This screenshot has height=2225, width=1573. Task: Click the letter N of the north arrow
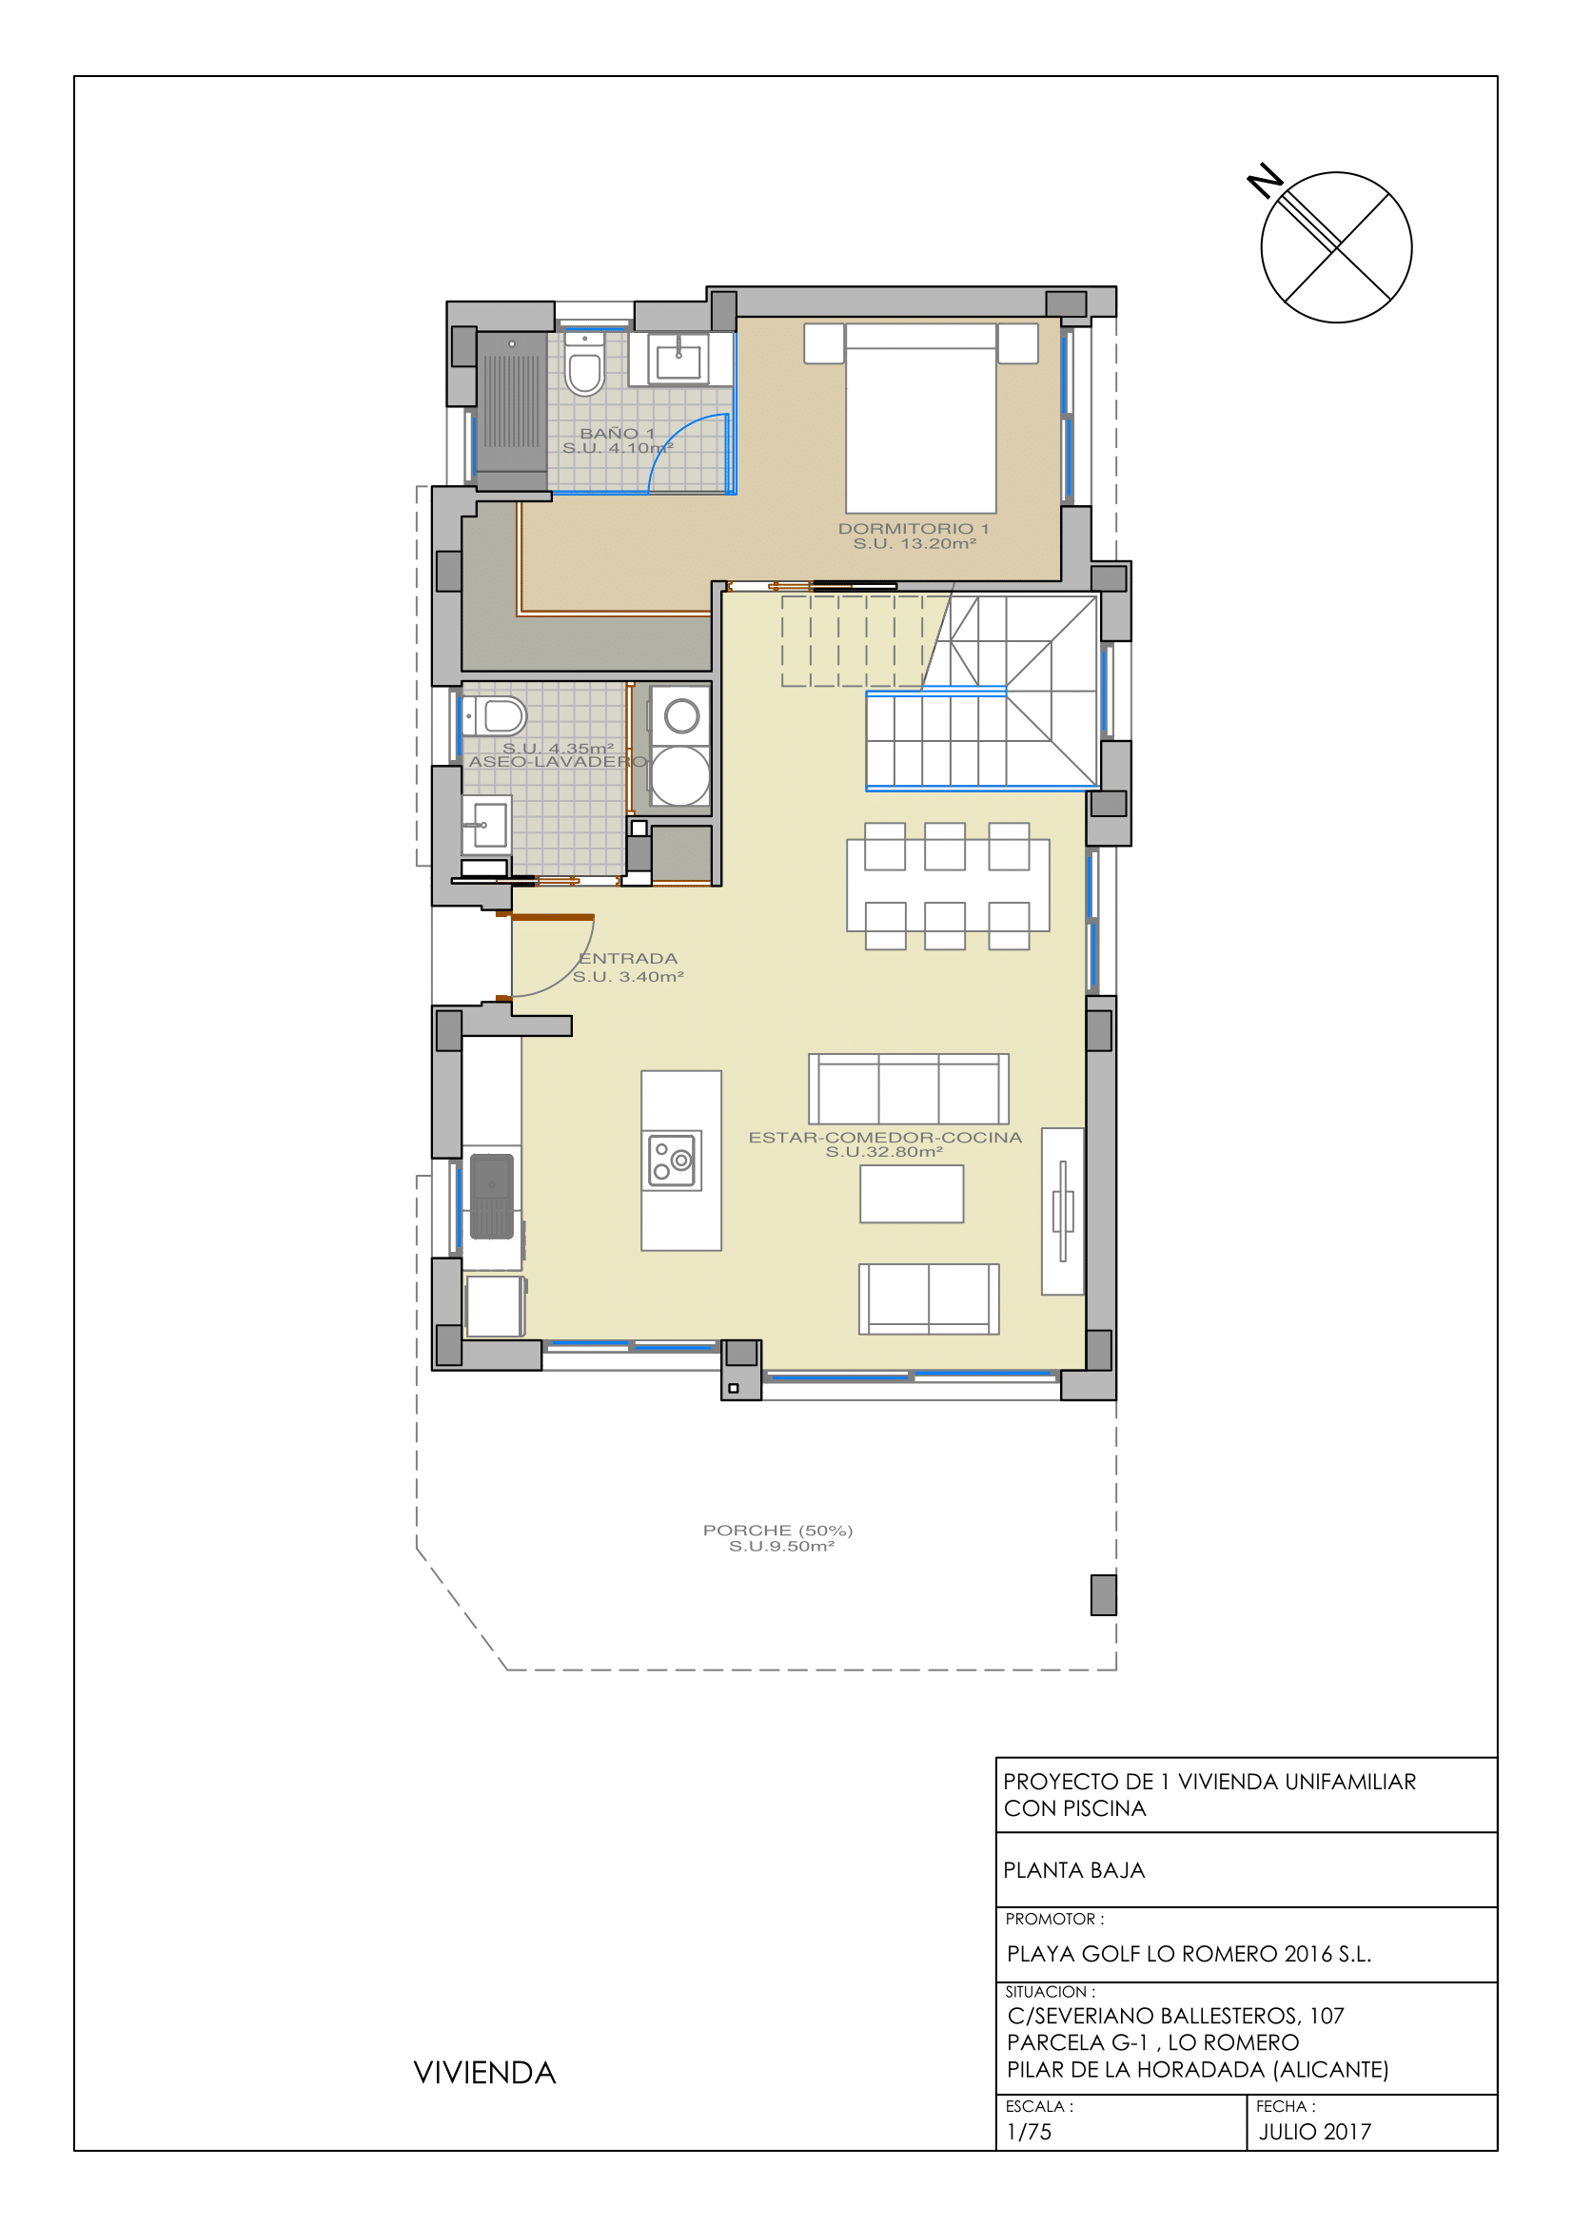pyautogui.click(x=1265, y=182)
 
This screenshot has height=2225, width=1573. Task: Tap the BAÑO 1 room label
pyautogui.click(x=618, y=433)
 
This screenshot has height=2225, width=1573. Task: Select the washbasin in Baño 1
pyautogui.click(x=678, y=360)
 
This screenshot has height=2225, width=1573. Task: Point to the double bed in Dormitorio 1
pyautogui.click(x=921, y=418)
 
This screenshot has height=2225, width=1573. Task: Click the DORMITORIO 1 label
pyautogui.click(x=914, y=528)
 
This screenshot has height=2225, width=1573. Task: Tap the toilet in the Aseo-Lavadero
pyautogui.click(x=495, y=717)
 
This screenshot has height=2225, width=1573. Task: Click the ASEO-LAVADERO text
pyautogui.click(x=558, y=762)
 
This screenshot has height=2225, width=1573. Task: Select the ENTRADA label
pyautogui.click(x=628, y=959)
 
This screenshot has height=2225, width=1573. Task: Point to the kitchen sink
pyautogui.click(x=491, y=1197)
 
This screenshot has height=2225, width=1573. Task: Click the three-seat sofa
pyautogui.click(x=908, y=1089)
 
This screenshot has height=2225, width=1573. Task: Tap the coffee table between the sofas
pyautogui.click(x=912, y=1194)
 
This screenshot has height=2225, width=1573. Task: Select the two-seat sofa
pyautogui.click(x=929, y=1298)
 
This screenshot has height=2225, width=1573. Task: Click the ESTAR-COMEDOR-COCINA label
pyautogui.click(x=885, y=1137)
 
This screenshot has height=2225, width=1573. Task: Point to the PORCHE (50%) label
pyautogui.click(x=777, y=1531)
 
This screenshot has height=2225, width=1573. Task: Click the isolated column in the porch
pyautogui.click(x=1103, y=1595)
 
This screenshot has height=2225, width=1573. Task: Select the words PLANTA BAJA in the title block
pyautogui.click(x=1073, y=1870)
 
